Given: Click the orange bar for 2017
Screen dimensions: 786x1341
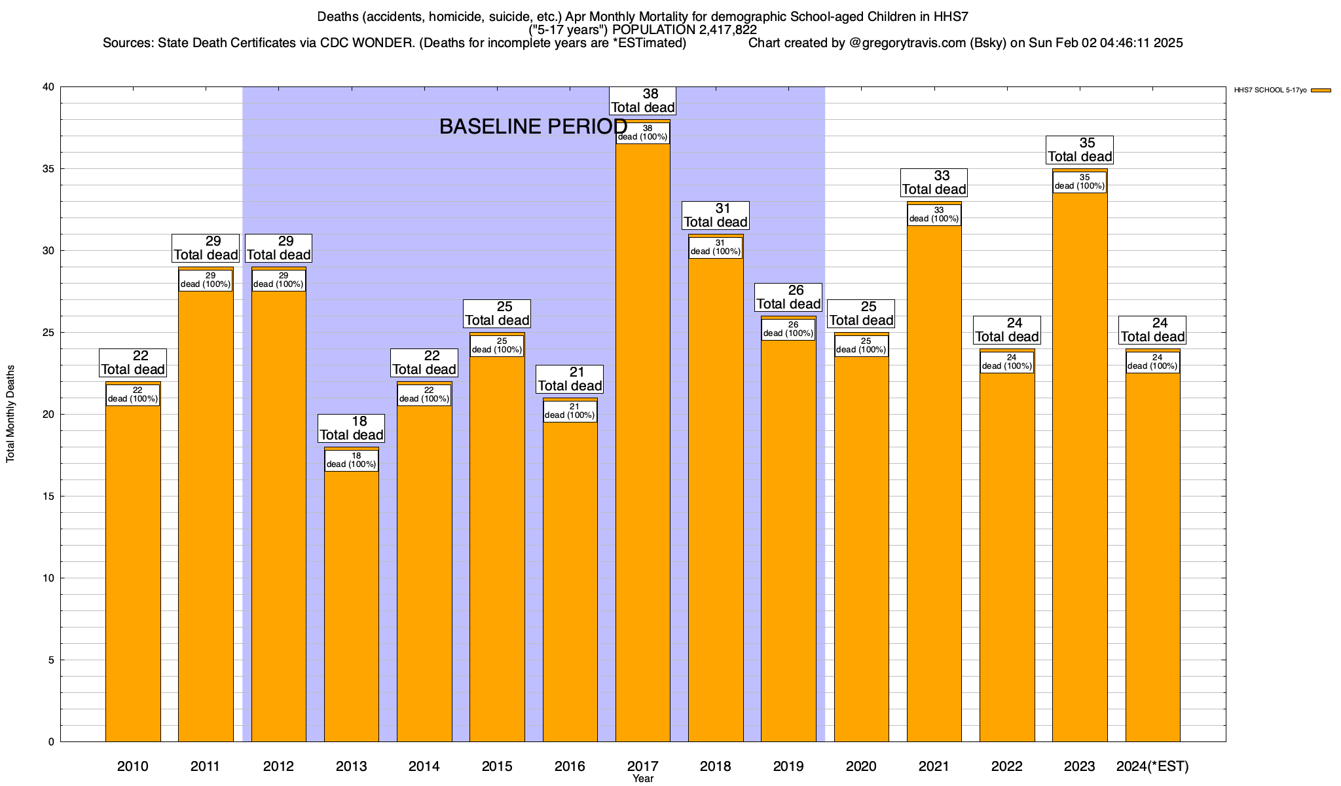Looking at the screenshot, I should tap(643, 458).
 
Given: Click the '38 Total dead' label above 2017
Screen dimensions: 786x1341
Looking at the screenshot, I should tap(643, 101).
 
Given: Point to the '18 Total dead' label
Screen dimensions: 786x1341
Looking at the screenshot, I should tap(352, 428).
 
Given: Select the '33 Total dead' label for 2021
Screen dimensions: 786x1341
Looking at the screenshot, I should tap(934, 183).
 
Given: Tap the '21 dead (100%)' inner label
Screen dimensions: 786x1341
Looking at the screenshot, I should tap(570, 411).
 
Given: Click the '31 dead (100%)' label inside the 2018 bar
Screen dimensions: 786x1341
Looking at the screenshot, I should tap(716, 248).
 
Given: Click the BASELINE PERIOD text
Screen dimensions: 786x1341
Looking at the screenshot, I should tap(533, 126).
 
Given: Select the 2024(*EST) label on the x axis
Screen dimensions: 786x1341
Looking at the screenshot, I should tap(1152, 766).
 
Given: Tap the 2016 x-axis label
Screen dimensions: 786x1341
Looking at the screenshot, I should tap(570, 766).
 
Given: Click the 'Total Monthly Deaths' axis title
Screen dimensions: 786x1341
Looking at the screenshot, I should tap(10, 414).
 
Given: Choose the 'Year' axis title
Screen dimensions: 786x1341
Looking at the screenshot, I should tap(643, 779).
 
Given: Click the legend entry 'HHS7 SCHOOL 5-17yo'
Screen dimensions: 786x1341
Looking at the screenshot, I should tap(1270, 90).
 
